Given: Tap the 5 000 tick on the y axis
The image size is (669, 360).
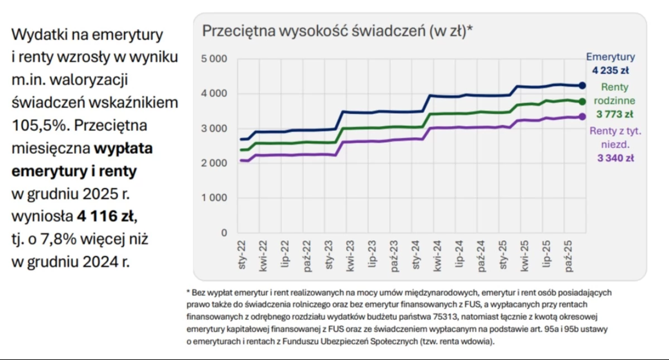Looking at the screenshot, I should pyautogui.click(x=214, y=59).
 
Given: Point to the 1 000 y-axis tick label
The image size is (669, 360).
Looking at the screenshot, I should pyautogui.click(x=214, y=198).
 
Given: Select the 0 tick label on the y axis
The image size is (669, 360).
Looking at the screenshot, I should pyautogui.click(x=224, y=232).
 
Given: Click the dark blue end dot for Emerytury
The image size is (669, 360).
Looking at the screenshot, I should pyautogui.click(x=582, y=85).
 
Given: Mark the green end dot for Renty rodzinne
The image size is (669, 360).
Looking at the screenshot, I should pyautogui.click(x=582, y=101).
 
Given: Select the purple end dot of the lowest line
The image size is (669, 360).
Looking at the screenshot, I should pyautogui.click(x=582, y=116).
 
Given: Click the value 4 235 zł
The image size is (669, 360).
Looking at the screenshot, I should pyautogui.click(x=610, y=70).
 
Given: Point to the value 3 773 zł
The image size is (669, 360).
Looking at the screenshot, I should pyautogui.click(x=614, y=115).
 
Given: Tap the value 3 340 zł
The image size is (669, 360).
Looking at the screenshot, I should pyautogui.click(x=614, y=158).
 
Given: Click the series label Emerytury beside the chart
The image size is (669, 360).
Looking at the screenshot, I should pyautogui.click(x=610, y=57).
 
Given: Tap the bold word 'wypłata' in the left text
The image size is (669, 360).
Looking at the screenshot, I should pyautogui.click(x=124, y=149).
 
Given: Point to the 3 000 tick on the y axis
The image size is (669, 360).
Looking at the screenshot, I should pyautogui.click(x=214, y=128).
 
